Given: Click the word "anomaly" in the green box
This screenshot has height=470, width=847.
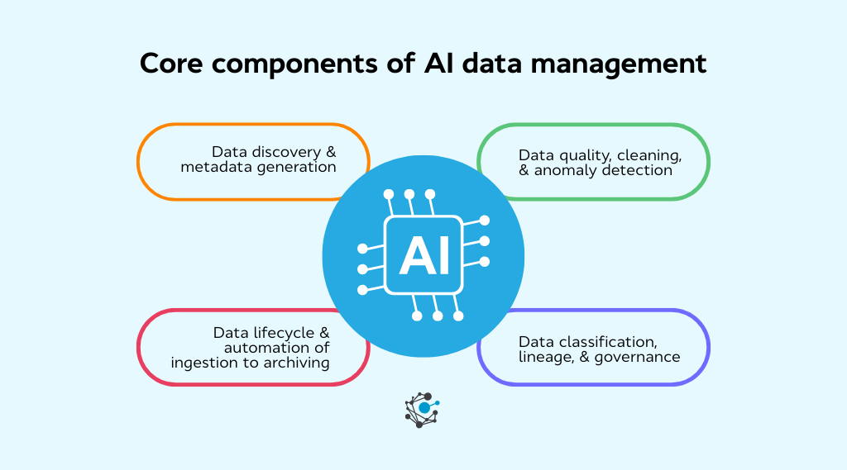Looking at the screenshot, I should pyautogui.click(x=571, y=170).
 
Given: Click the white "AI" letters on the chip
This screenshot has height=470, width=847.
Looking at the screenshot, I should pyautogui.click(x=423, y=254).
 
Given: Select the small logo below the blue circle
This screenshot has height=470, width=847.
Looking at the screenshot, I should pyautogui.click(x=423, y=409).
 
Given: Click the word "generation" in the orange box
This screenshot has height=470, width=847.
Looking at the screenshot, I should pyautogui.click(x=299, y=167).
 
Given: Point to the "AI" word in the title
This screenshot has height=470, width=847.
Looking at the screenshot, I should pyautogui.click(x=438, y=64).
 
